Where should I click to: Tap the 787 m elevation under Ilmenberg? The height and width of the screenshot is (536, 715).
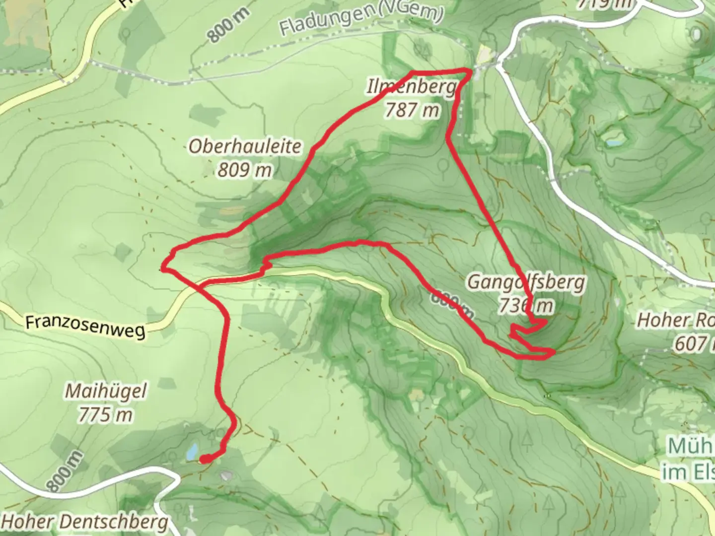click(412, 110)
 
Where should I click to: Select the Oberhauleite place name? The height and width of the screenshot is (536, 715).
click(245, 146)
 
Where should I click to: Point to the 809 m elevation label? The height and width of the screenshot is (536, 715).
click(245, 170)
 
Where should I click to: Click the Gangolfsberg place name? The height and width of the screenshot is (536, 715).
click(526, 283)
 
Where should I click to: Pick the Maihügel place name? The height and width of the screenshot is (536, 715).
click(106, 392)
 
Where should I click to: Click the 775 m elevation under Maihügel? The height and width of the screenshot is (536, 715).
click(106, 415)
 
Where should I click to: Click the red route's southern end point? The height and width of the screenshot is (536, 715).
click(204, 460)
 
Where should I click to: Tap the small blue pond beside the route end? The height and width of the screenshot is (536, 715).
click(191, 451)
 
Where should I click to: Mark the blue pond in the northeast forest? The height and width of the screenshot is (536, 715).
click(614, 142)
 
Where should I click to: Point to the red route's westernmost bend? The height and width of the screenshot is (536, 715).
click(162, 269)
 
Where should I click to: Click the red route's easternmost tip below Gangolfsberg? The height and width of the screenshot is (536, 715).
click(553, 352)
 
